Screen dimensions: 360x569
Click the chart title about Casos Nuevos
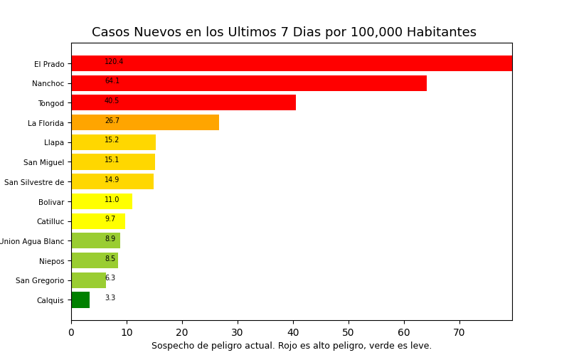(284, 33)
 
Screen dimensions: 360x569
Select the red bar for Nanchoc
(249, 83)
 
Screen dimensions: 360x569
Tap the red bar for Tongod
(184, 102)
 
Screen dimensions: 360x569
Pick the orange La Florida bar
(145, 122)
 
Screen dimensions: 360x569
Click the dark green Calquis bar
(80, 300)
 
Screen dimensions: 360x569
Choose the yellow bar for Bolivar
(102, 201)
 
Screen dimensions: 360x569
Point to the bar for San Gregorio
(88, 280)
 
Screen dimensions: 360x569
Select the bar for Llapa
(113, 142)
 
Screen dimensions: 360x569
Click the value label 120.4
(114, 62)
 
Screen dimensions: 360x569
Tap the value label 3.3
(110, 298)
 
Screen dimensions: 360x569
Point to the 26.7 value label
(112, 121)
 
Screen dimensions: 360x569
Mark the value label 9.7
(110, 219)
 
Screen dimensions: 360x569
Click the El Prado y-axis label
(49, 64)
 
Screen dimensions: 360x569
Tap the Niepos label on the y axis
(51, 261)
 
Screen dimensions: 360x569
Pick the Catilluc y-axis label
(50, 221)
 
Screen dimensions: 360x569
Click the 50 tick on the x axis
(349, 332)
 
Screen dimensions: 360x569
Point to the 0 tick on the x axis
(71, 332)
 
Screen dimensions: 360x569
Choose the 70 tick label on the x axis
(459, 332)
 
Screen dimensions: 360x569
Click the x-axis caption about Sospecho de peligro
(291, 346)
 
